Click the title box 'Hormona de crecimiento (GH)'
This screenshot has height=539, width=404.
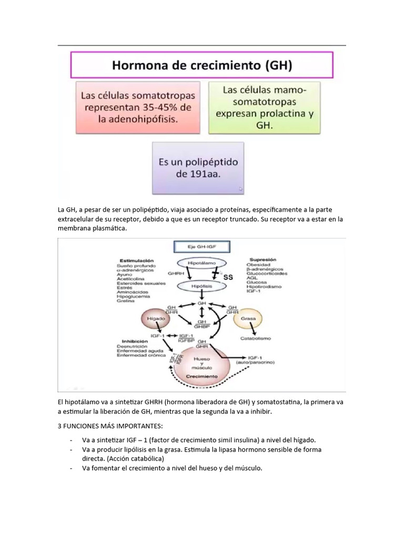pos(201,65)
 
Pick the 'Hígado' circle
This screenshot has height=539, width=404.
pos(153,318)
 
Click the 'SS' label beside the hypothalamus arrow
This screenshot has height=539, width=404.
pos(228,276)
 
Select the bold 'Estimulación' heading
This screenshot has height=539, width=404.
pos(137,260)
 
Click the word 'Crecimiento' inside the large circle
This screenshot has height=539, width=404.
pos(203,377)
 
